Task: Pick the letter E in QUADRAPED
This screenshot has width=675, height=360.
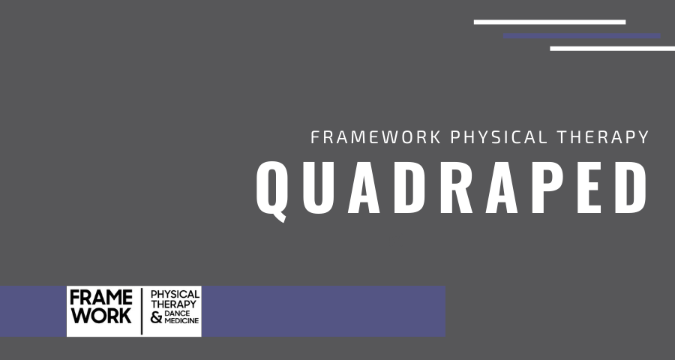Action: (596, 186)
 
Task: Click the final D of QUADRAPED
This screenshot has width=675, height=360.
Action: (637, 186)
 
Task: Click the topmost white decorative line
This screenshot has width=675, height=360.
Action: (549, 22)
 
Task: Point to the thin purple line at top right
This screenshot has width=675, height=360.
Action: (581, 35)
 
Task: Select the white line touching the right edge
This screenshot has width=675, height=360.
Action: (612, 49)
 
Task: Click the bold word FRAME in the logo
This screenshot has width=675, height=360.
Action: (101, 298)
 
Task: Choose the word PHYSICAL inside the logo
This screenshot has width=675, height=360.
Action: (175, 294)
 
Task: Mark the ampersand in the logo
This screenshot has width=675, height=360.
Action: (157, 318)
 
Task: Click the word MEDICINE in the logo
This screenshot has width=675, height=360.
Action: (181, 322)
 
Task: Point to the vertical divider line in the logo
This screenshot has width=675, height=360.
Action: (142, 310)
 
